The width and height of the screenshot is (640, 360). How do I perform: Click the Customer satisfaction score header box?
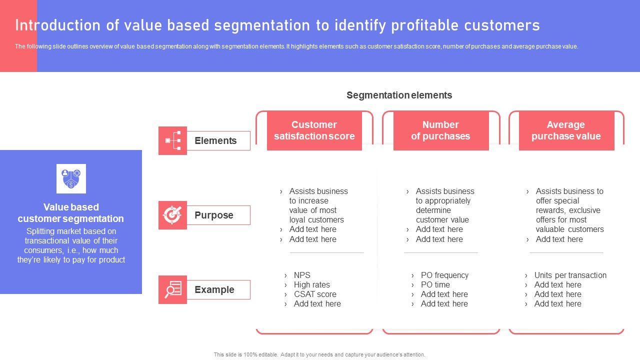click(314, 130)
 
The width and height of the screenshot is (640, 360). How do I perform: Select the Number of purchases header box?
click(440, 130)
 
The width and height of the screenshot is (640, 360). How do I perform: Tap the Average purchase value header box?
click(566, 130)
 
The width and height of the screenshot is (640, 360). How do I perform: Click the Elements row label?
click(215, 141)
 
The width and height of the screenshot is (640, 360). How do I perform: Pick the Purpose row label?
click(214, 215)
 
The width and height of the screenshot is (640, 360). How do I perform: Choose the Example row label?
click(214, 290)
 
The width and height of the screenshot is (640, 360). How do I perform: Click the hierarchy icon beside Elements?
click(172, 141)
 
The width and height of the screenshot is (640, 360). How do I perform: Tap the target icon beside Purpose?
click(172, 215)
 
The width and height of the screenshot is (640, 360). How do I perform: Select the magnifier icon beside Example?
click(172, 290)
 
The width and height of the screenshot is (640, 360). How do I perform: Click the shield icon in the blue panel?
click(71, 178)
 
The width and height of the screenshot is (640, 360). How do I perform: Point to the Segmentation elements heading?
click(399, 95)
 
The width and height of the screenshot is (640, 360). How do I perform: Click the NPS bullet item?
click(302, 275)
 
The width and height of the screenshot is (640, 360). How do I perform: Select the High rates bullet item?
click(311, 284)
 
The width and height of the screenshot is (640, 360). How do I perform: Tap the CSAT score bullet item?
click(315, 294)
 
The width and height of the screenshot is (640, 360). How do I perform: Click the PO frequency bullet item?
click(444, 275)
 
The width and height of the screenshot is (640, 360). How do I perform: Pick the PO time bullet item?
click(435, 284)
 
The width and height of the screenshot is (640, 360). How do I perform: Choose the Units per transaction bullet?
click(570, 275)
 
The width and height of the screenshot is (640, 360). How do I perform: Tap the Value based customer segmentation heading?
click(71, 213)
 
